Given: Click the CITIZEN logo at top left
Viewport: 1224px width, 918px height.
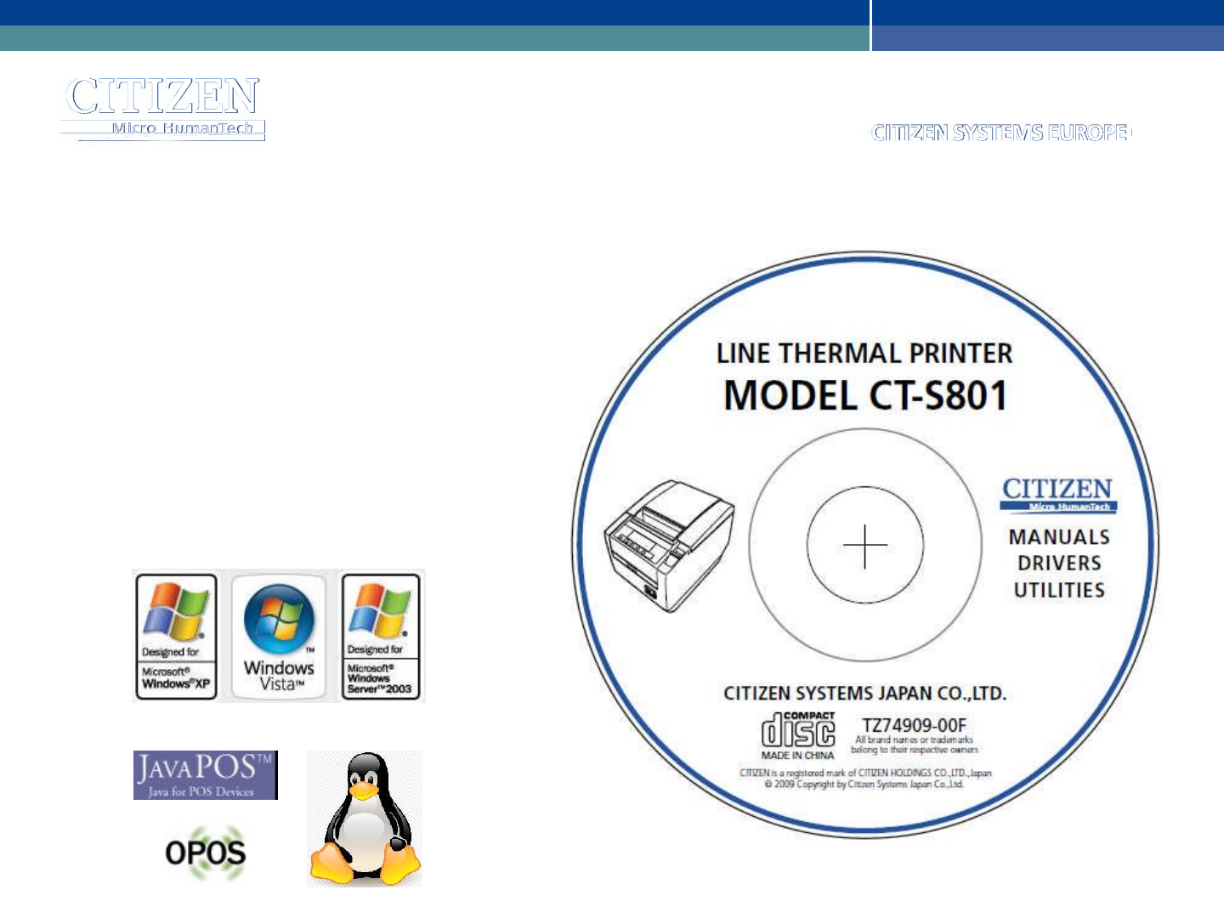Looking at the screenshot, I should pyautogui.click(x=162, y=105).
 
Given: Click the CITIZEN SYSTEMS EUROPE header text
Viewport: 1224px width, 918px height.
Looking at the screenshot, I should pyautogui.click(x=1000, y=133).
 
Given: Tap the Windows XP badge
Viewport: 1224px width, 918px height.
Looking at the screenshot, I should pyautogui.click(x=176, y=637).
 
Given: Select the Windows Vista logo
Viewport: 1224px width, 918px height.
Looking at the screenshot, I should pyautogui.click(x=279, y=637).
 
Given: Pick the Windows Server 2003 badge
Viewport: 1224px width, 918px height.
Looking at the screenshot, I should pyautogui.click(x=380, y=637).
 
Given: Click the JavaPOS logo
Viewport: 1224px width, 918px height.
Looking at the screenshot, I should pyautogui.click(x=205, y=774).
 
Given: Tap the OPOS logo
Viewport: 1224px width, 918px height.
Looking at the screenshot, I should pyautogui.click(x=205, y=853).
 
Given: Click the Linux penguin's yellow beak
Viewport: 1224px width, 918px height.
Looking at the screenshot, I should pyautogui.click(x=363, y=790).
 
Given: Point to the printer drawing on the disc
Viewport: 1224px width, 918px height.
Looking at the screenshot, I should pyautogui.click(x=668, y=545).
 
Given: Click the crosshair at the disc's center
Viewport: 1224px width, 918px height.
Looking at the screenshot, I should pyautogui.click(x=865, y=546).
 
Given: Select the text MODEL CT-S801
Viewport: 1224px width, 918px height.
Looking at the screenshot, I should pyautogui.click(x=865, y=396).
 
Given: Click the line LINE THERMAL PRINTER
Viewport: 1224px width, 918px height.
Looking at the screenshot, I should pyautogui.click(x=864, y=354).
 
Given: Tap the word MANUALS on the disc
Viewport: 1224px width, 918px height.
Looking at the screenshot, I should pyautogui.click(x=1059, y=537).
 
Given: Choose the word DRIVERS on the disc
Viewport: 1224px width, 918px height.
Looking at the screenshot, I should pyautogui.click(x=1059, y=564).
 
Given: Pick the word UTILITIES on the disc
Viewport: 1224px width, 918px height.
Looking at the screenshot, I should pyautogui.click(x=1059, y=590).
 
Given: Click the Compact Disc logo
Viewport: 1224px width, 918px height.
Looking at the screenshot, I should pyautogui.click(x=797, y=730).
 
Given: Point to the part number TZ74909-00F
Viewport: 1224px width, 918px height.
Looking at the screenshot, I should pyautogui.click(x=915, y=725).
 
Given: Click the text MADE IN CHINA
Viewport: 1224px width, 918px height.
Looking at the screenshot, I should pyautogui.click(x=797, y=756).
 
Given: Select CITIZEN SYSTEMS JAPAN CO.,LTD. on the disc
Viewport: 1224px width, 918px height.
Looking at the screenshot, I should pyautogui.click(x=864, y=694).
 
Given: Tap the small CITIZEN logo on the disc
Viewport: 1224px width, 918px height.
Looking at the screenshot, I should pyautogui.click(x=1057, y=494).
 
